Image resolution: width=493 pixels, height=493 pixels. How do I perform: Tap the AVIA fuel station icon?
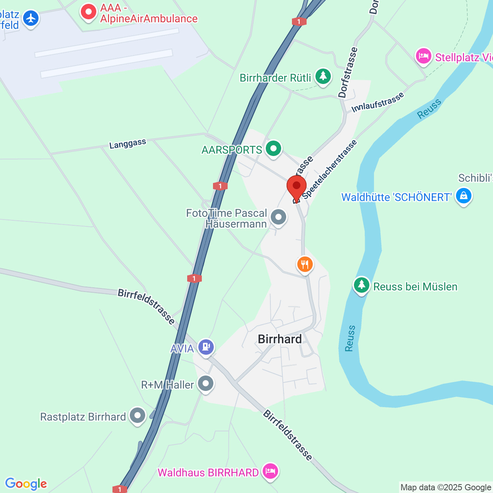point(206,347)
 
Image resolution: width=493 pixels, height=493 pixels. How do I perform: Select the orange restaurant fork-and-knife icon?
point(305,265)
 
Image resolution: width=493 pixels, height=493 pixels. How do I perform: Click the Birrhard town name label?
point(280,339)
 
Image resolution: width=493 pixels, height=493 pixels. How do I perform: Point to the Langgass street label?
point(127,144)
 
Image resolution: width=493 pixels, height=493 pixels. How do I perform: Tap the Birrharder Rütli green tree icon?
point(323,77)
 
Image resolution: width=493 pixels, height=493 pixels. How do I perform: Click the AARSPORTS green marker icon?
point(273,149)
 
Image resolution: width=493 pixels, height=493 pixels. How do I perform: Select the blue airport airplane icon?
point(30,18)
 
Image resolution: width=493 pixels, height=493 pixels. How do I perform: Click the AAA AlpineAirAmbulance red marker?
point(89,12)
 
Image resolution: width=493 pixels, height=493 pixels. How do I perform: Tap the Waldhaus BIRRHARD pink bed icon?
point(270,471)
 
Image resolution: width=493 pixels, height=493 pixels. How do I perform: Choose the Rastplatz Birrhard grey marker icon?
point(137,416)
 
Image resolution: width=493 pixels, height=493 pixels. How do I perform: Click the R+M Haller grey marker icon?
point(206,384)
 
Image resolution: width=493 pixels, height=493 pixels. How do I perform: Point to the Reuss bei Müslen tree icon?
point(361,285)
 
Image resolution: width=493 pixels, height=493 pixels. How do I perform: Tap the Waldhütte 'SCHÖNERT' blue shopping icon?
point(463,196)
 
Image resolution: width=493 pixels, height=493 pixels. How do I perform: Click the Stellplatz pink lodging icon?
point(423,56)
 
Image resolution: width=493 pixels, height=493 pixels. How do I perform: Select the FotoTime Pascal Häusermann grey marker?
point(278,217)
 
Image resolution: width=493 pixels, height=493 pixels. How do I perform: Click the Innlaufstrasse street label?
point(378,102)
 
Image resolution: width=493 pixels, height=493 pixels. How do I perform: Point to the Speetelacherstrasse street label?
point(330,169)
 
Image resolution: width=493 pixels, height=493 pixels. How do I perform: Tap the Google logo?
point(26,484)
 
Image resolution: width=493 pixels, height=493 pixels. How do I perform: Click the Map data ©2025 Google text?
point(446,488)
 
